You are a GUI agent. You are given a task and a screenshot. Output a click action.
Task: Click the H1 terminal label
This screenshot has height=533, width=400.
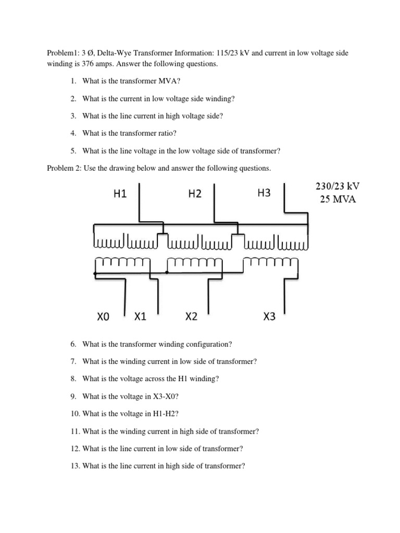(120, 194)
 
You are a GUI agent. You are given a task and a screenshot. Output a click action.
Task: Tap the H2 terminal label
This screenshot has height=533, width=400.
(195, 194)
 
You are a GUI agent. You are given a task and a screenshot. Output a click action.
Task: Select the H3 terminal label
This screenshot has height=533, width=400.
(264, 193)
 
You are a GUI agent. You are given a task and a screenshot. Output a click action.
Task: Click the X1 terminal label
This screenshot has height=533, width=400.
(141, 316)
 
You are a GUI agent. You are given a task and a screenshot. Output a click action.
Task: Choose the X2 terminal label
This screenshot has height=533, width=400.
(191, 316)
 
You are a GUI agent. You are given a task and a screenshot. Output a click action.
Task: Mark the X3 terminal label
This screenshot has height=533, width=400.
(269, 316)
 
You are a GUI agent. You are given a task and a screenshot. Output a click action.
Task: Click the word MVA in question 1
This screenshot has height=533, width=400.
(172, 81)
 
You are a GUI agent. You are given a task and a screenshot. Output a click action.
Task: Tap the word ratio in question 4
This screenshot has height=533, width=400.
(167, 134)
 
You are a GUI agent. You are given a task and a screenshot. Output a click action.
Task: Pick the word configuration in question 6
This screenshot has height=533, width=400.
(205, 344)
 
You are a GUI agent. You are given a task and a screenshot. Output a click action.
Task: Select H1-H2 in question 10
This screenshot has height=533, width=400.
(166, 414)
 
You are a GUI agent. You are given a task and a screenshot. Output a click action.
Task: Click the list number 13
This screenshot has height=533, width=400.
(74, 466)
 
